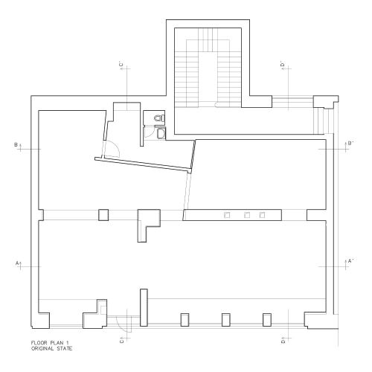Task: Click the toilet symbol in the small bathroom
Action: [158, 118]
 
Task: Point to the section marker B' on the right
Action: [350, 143]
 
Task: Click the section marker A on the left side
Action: [18, 263]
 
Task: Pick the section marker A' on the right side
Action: [350, 261]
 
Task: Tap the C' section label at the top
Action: [121, 66]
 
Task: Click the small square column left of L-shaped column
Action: [103, 215]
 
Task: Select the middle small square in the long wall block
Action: [246, 215]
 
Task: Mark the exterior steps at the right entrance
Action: [321, 119]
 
